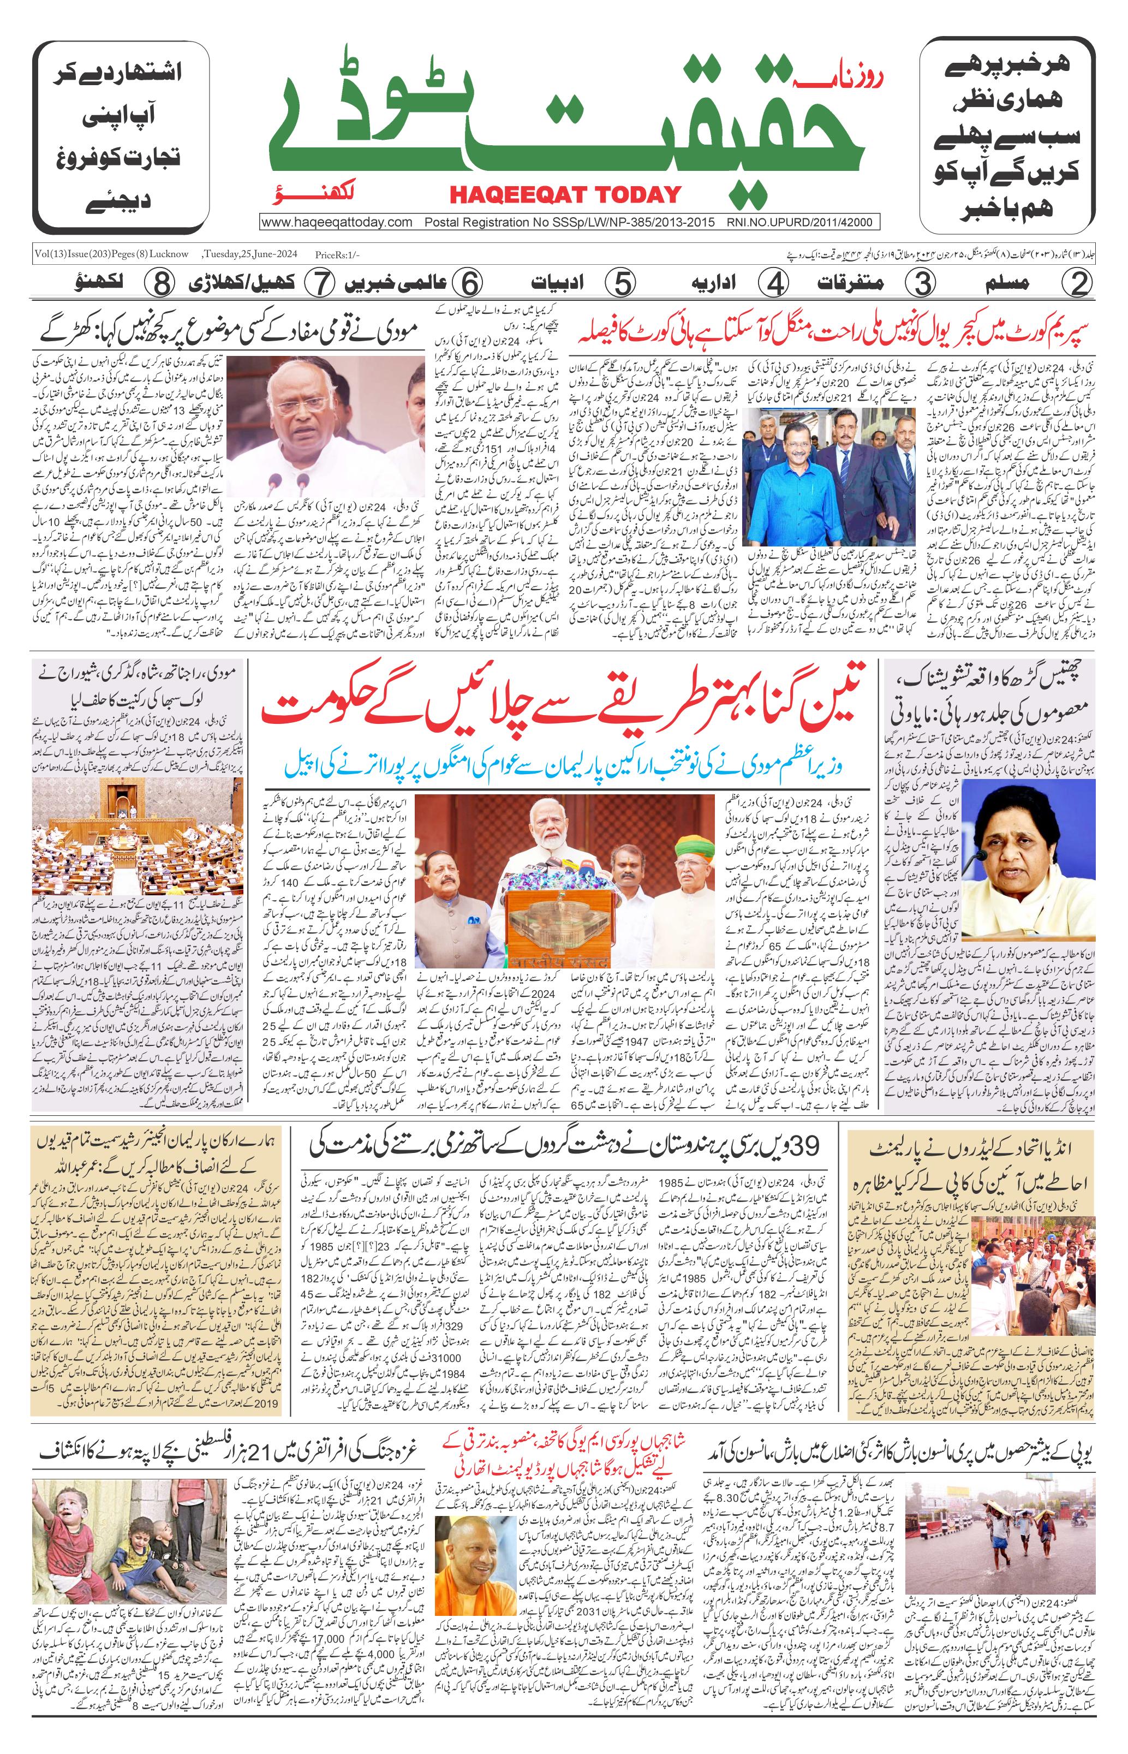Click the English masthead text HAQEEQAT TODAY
pyautogui.click(x=565, y=195)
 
